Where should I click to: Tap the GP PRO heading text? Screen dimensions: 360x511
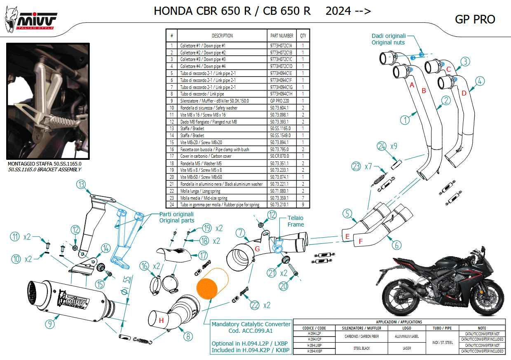[475, 19]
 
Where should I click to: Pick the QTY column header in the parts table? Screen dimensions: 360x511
[303, 35]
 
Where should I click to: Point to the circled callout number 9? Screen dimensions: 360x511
[49, 324]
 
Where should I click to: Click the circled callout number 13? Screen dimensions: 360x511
[82, 184]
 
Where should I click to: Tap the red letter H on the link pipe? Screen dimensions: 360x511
[162, 320]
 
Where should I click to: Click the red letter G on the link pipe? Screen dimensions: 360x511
[257, 248]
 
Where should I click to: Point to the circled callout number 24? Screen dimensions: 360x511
[382, 146]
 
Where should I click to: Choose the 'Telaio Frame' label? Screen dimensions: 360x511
[295, 221]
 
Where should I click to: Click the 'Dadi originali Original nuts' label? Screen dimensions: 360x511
[388, 39]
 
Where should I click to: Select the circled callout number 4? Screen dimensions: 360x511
[480, 81]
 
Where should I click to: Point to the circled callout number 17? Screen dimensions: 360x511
[203, 255]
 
